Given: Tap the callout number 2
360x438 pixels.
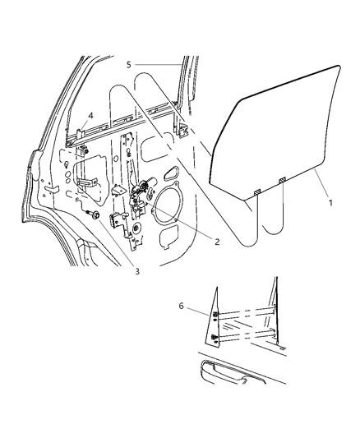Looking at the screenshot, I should point(217,242).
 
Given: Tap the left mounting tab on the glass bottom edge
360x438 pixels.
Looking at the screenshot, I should point(256,191).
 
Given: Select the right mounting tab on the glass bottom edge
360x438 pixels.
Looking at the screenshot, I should point(282,180).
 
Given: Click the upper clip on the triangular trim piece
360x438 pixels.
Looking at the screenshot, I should point(215,316).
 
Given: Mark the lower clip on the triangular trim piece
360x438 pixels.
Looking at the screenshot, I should point(215,338).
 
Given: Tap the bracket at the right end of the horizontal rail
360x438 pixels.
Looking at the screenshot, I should point(182,128).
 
